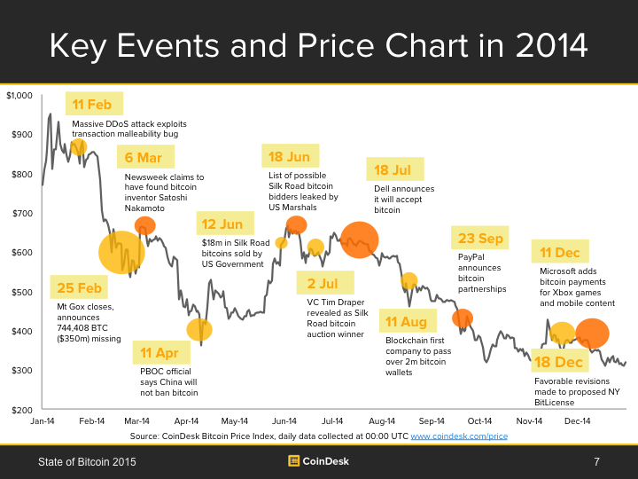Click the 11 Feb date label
pos(92,105)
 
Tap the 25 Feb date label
pos(79,287)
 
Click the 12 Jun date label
pos(222,224)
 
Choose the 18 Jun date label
pos(289,157)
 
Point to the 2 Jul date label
pos(323,284)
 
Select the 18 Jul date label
pos(393,169)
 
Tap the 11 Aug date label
pos(407,321)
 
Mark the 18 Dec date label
pos(558,362)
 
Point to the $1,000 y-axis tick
pos(19,96)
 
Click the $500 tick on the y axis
pos(21,292)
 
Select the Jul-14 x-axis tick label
pos(331,421)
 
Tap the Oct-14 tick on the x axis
pos(479,421)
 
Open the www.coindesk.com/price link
pos(458,436)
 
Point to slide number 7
pos(596,461)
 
